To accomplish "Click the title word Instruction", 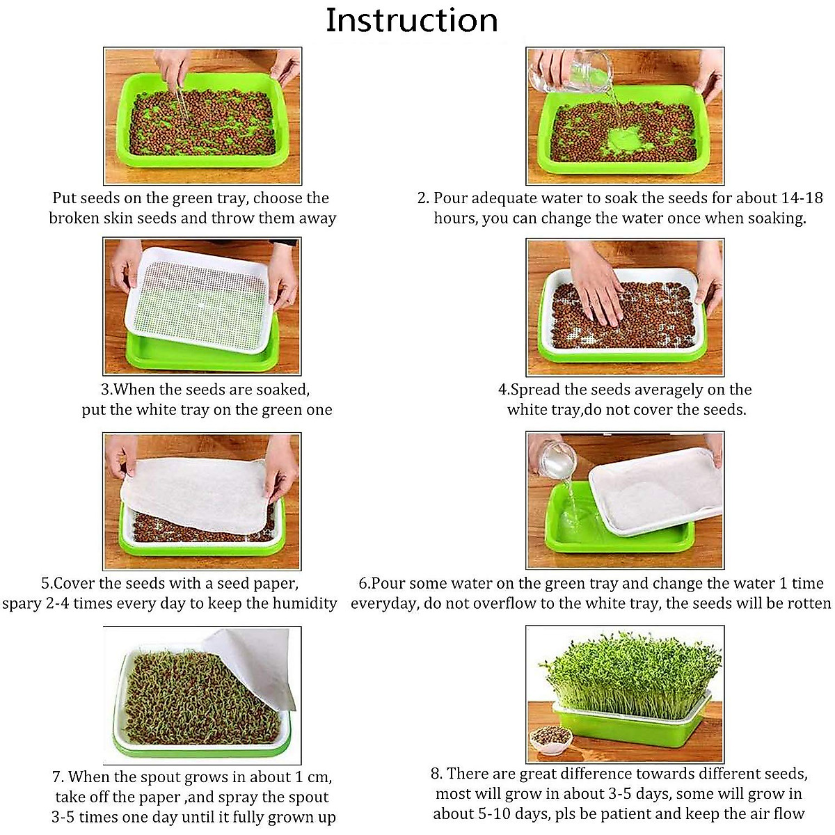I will (x=412, y=20).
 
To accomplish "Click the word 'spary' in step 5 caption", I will (x=22, y=603).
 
